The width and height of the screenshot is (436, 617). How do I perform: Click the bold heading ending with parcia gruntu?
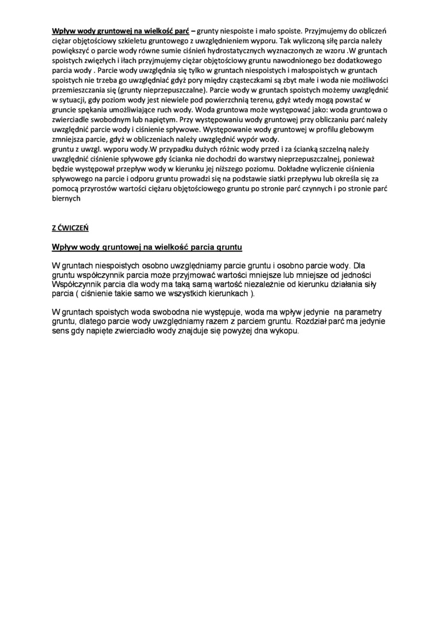147,247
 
